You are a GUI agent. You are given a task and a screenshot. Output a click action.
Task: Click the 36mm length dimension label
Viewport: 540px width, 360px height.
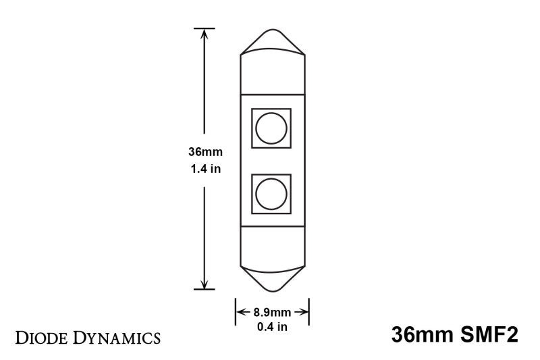pyautogui.click(x=205, y=153)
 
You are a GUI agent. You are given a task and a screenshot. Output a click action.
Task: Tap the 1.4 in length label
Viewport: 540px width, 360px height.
pyautogui.click(x=205, y=169)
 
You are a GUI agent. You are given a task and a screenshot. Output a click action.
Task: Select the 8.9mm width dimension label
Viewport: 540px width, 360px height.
pyautogui.click(x=272, y=312)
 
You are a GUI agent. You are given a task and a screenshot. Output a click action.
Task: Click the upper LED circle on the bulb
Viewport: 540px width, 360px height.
pyautogui.click(x=271, y=128)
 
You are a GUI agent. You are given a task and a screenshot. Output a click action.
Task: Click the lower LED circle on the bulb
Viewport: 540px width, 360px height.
pyautogui.click(x=271, y=194)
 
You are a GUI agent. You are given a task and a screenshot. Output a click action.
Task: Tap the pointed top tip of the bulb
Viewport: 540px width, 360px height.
pyautogui.click(x=272, y=31)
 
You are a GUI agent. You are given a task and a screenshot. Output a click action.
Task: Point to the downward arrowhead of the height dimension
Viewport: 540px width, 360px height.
pyautogui.click(x=205, y=284)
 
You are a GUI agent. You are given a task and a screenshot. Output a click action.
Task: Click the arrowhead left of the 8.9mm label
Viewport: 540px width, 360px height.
pyautogui.click(x=240, y=312)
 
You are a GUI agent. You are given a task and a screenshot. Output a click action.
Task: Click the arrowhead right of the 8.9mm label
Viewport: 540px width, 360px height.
pyautogui.click(x=305, y=312)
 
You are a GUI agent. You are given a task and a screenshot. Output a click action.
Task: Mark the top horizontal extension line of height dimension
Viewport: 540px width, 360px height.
pyautogui.click(x=205, y=28)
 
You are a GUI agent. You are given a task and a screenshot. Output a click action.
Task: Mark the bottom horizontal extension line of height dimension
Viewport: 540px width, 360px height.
pyautogui.click(x=205, y=289)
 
